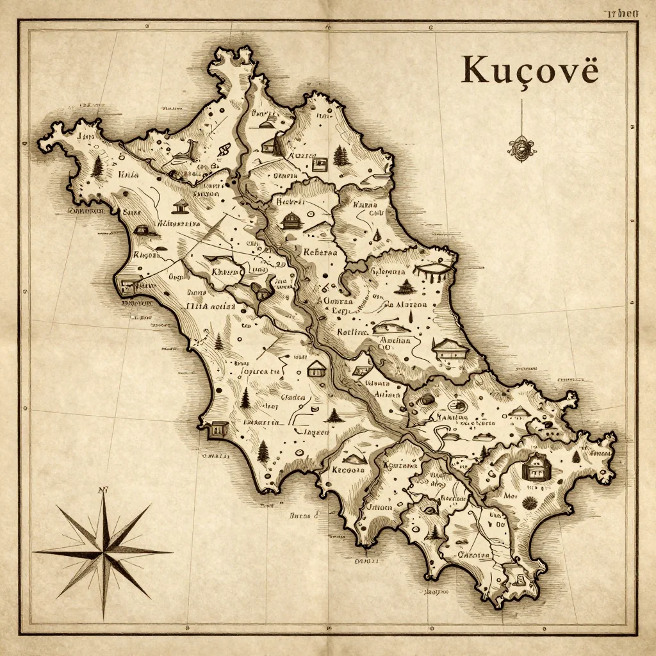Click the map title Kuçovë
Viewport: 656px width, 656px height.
click(x=529, y=70)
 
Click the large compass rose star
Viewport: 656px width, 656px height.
click(x=102, y=550)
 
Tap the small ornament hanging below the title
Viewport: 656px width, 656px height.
click(x=522, y=148)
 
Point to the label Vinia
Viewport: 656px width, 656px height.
click(x=128, y=174)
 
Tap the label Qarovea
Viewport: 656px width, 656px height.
click(x=473, y=555)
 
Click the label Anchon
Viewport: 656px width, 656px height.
click(x=395, y=340)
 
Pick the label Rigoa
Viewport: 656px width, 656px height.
click(x=144, y=255)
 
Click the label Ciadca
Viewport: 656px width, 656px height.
click(x=293, y=397)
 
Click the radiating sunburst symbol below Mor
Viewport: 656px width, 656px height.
click(x=529, y=503)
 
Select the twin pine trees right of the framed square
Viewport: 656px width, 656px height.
click(x=341, y=156)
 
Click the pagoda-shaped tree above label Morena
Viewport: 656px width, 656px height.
click(x=406, y=286)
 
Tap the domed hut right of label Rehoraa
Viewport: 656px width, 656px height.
click(x=292, y=221)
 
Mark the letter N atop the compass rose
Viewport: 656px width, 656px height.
click(x=101, y=491)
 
